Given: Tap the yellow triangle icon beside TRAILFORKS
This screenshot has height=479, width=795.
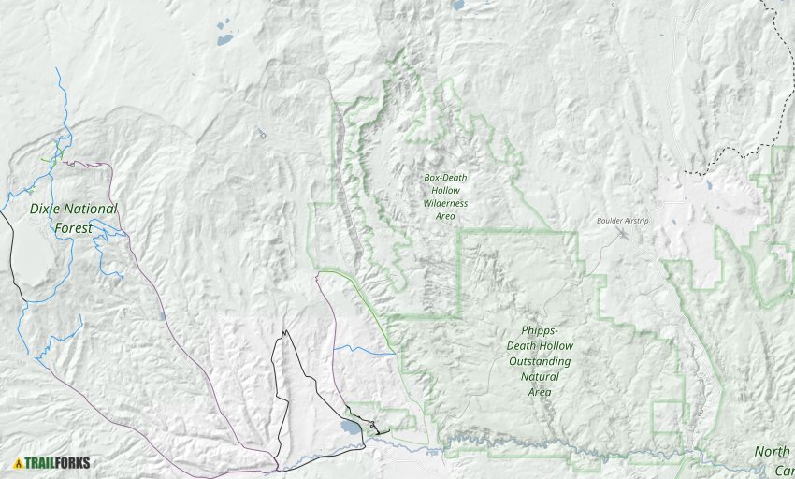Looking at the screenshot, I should [18, 462].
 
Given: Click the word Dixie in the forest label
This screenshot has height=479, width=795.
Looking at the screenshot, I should [46, 209].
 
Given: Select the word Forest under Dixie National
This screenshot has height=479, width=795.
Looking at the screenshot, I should [73, 227].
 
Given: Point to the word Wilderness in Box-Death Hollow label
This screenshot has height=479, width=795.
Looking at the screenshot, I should [445, 203].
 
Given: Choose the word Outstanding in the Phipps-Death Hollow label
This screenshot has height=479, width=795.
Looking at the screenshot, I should [540, 361].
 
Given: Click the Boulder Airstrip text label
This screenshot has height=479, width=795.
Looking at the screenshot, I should [622, 221].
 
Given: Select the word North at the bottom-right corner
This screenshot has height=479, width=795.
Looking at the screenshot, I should [773, 452].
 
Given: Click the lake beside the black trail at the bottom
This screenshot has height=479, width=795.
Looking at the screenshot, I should [349, 428].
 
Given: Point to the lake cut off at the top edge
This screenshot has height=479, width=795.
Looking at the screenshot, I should [458, 5].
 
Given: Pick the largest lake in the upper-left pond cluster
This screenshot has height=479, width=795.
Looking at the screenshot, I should [224, 39].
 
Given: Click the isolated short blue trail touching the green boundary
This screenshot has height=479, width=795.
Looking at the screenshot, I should [365, 351].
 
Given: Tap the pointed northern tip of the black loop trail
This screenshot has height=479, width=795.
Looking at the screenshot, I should [286, 332].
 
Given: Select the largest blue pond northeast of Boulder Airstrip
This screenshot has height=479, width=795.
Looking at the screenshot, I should [709, 185].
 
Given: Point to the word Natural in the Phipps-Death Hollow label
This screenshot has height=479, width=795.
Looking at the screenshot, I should [540, 377].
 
